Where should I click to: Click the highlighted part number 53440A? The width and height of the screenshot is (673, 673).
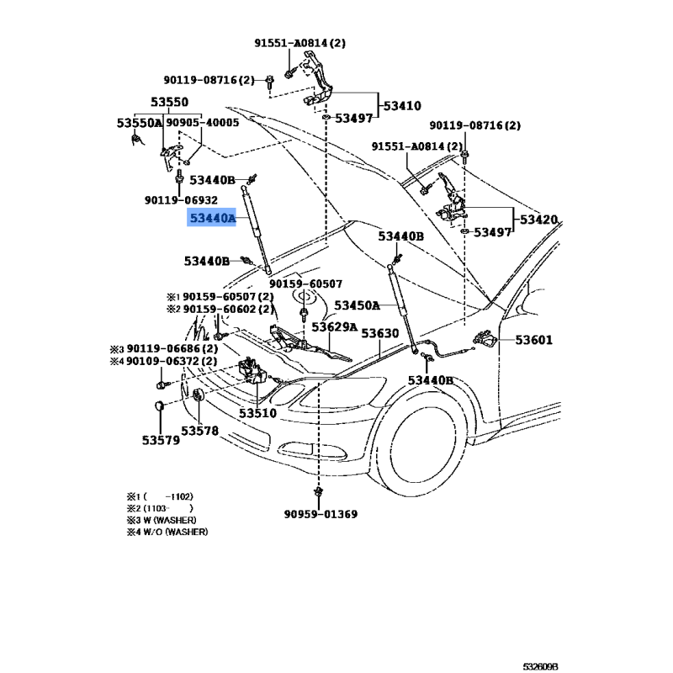point(212,219)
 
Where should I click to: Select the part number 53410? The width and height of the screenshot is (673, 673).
point(402,106)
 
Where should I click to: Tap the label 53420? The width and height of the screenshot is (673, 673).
point(538,220)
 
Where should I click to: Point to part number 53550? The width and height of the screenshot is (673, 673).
point(170,103)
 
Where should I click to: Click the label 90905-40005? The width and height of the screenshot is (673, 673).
point(203,123)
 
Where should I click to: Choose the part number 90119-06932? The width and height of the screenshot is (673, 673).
point(181,200)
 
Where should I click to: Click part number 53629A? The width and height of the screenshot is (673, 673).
point(335,326)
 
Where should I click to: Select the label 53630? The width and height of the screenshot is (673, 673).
point(380,334)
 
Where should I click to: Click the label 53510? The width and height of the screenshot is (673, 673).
point(257,413)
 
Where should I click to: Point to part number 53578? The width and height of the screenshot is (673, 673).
point(200,431)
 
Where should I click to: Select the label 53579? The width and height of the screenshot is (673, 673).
point(160,439)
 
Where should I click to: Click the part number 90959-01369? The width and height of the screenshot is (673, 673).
point(321,514)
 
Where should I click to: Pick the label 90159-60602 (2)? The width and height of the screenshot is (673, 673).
point(228,309)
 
